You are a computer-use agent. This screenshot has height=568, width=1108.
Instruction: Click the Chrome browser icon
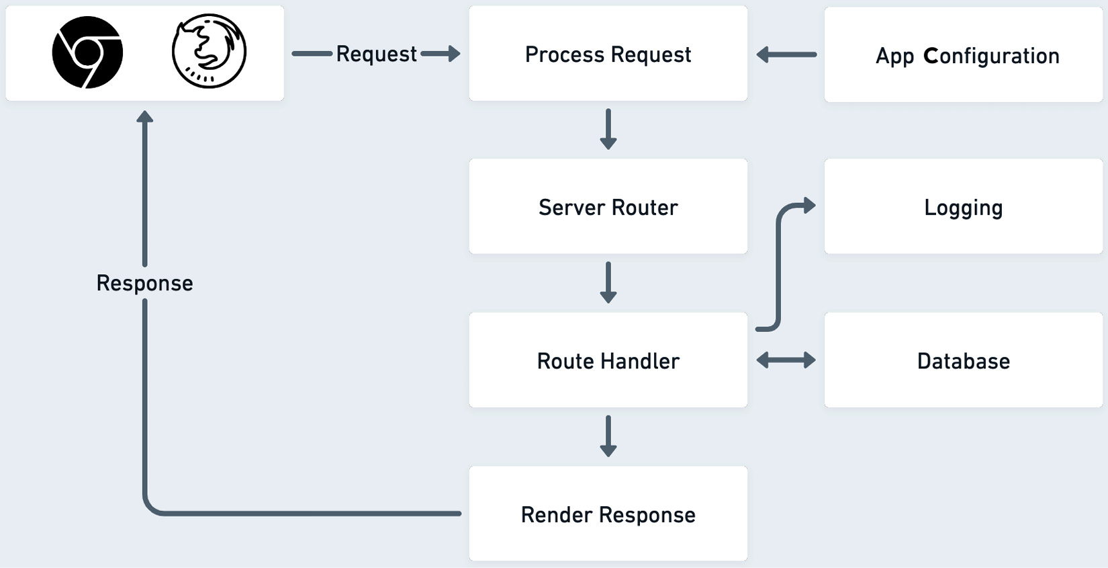pyautogui.click(x=87, y=52)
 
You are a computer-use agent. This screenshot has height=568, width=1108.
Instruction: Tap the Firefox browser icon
pyautogui.click(x=209, y=52)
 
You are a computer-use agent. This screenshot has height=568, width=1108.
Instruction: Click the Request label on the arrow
pyautogui.click(x=376, y=54)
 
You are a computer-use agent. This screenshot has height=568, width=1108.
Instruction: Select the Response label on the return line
pyautogui.click(x=144, y=283)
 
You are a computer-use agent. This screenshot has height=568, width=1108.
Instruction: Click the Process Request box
pyautogui.click(x=608, y=54)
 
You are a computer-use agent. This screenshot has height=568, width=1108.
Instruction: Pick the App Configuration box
pyautogui.click(x=963, y=55)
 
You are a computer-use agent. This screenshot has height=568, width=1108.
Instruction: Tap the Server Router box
pyautogui.click(x=608, y=207)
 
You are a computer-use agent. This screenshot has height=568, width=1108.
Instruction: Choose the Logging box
pyautogui.click(x=963, y=207)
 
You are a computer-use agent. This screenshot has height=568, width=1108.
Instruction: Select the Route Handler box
pyautogui.click(x=608, y=360)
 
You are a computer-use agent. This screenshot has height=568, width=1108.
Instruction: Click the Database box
pyautogui.click(x=963, y=360)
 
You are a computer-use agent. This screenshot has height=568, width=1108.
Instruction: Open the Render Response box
pyautogui.click(x=608, y=514)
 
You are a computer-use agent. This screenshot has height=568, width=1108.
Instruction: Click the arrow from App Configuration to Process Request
pyautogui.click(x=786, y=54)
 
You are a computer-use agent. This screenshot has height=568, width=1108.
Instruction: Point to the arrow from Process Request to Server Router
pyautogui.click(x=608, y=129)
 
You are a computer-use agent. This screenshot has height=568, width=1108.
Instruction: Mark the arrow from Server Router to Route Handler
pyautogui.click(x=608, y=282)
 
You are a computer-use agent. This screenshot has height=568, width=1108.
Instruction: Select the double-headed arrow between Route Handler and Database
pyautogui.click(x=786, y=360)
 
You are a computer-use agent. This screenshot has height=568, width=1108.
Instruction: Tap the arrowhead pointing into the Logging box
pyautogui.click(x=809, y=206)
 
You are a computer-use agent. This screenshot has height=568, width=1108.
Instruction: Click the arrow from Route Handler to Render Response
pyautogui.click(x=608, y=436)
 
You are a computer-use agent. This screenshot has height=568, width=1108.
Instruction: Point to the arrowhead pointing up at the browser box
pyautogui.click(x=144, y=117)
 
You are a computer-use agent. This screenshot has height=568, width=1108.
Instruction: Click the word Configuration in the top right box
pyautogui.click(x=991, y=56)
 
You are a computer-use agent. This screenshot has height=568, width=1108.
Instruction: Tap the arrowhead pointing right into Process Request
pyautogui.click(x=453, y=54)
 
